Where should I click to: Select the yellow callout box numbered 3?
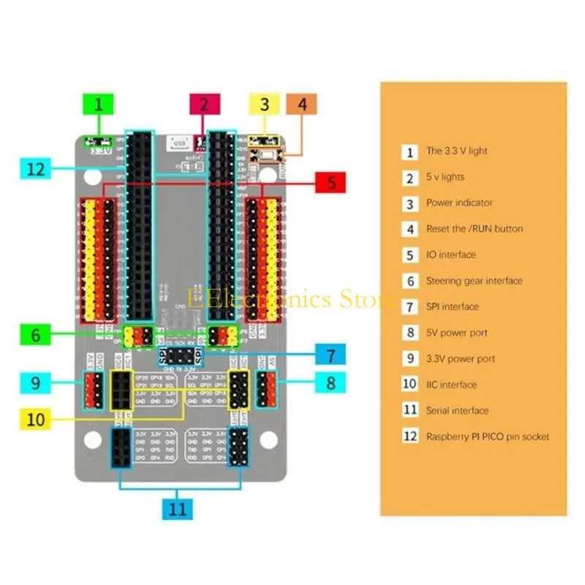pyautogui.click(x=265, y=104)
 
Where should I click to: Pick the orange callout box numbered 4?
pyautogui.click(x=301, y=104)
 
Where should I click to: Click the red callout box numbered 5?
pyautogui.click(x=331, y=184)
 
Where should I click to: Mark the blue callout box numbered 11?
pyautogui.click(x=178, y=509)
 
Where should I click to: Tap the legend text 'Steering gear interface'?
pyautogui.click(x=474, y=281)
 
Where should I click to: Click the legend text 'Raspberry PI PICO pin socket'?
pyautogui.click(x=487, y=437)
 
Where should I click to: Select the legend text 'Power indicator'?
pyautogui.click(x=459, y=203)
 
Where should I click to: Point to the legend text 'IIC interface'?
pyautogui.click(x=451, y=385)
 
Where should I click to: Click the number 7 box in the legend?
pyautogui.click(x=410, y=307)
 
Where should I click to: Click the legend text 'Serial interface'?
pyautogui.click(x=457, y=411)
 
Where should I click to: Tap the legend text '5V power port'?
pyautogui.click(x=456, y=333)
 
